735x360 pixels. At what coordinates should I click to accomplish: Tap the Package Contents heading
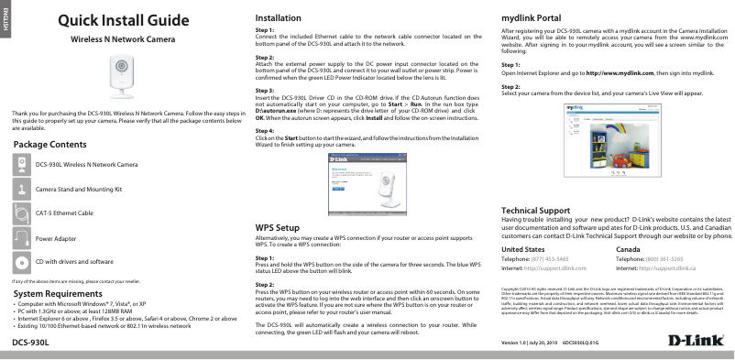pyautogui.click(x=51, y=145)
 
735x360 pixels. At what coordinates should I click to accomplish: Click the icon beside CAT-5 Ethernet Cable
pyautogui.click(x=22, y=212)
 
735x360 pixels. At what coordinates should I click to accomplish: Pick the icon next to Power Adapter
pyautogui.click(x=22, y=236)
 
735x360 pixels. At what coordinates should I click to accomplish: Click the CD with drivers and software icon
pyautogui.click(x=22, y=261)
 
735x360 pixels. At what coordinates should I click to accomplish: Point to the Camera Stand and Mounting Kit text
pyautogui.click(x=78, y=188)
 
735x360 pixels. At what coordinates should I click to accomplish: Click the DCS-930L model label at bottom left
pyautogui.click(x=30, y=342)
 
